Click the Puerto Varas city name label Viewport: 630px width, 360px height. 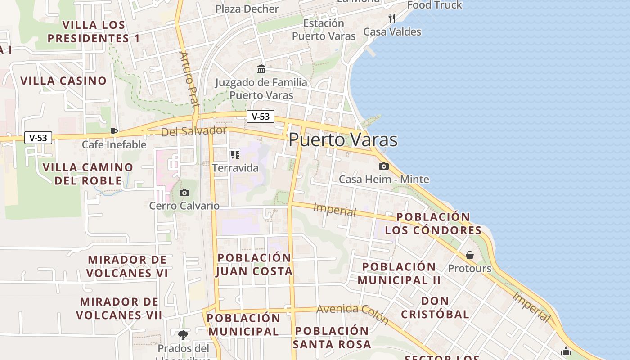(x=343, y=140)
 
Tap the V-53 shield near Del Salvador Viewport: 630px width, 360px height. (x=261, y=117)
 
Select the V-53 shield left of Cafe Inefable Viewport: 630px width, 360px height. (x=38, y=138)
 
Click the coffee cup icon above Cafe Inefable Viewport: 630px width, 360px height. (x=114, y=131)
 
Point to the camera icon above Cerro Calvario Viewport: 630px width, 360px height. (x=184, y=193)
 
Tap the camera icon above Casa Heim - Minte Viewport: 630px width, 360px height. (x=384, y=166)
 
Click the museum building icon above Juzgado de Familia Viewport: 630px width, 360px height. (x=261, y=69)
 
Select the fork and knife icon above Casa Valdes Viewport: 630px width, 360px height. (x=392, y=18)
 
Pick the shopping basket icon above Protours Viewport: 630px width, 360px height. (x=470, y=255)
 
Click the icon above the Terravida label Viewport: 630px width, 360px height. (x=235, y=155)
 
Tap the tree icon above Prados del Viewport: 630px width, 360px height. (x=183, y=335)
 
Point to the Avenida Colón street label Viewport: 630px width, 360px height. (x=352, y=314)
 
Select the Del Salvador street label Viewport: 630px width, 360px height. (x=194, y=131)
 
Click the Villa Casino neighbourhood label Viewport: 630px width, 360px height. (x=63, y=81)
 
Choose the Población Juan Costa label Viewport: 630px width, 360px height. (x=254, y=265)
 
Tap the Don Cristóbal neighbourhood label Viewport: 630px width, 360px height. (x=435, y=307)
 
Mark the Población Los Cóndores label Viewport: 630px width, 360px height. (x=433, y=224)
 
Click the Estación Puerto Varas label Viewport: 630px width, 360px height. (x=324, y=30)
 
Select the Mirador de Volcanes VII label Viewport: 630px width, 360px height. (x=119, y=308)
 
